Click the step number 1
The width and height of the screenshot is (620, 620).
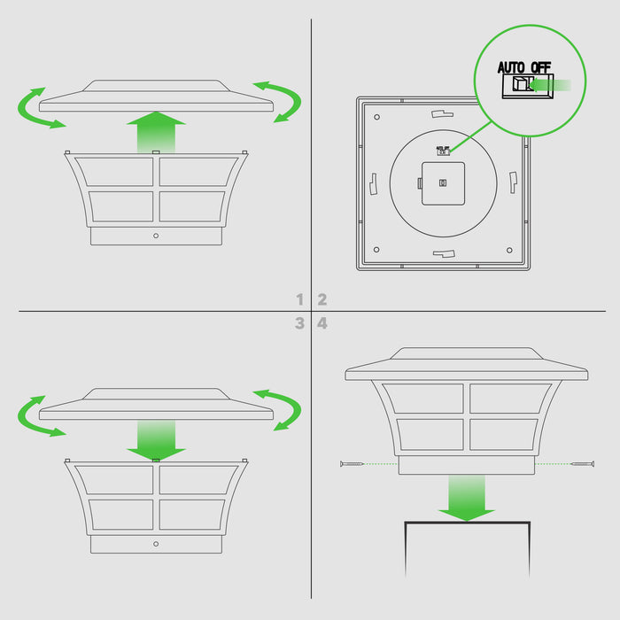[300, 299]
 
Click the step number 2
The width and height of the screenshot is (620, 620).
[322, 299]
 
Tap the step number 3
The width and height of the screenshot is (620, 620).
[299, 323]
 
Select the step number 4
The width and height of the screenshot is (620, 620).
[322, 323]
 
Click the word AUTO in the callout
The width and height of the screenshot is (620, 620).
[511, 67]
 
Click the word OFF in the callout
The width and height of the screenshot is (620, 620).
[540, 67]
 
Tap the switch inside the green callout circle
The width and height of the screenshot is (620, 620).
[528, 86]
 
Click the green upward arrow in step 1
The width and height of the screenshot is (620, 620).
[156, 132]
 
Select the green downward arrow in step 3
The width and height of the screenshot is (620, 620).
[156, 440]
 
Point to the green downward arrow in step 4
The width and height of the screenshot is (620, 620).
[467, 498]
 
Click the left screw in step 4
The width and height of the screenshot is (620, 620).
[352, 463]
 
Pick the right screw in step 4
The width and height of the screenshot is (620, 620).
[583, 463]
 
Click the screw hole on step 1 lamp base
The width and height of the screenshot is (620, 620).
[156, 236]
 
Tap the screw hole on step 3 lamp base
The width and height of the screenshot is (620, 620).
[156, 544]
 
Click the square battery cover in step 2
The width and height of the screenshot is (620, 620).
[443, 183]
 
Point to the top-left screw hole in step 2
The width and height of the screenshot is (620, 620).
[376, 117]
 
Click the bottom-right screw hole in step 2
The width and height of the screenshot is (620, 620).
[509, 250]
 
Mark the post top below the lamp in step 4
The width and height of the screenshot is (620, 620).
[467, 523]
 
